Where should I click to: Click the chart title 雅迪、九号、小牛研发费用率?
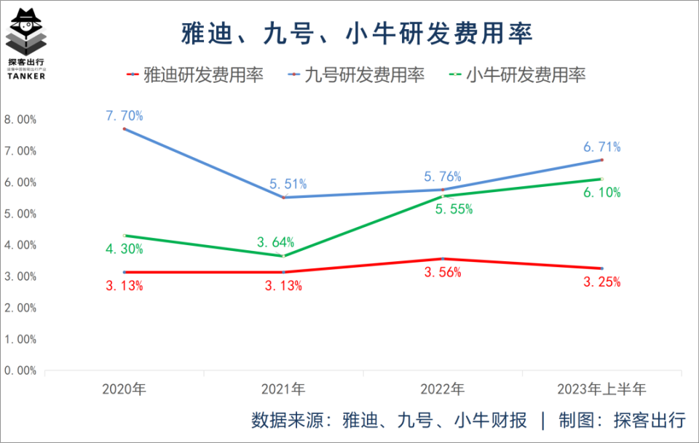[357, 33]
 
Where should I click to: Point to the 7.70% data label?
[125, 115]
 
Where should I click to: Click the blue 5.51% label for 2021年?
[288, 184]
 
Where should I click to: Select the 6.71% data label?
[602, 147]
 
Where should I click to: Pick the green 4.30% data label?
[124, 249]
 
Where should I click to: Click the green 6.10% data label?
[602, 192]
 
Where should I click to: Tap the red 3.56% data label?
[443, 272]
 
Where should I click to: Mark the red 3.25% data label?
[602, 282]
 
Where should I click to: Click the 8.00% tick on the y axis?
[20, 119]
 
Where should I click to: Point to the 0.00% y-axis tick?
[20, 370]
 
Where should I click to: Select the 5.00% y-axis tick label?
[20, 213]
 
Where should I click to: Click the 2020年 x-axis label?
[125, 388]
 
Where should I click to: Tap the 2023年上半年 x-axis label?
[602, 388]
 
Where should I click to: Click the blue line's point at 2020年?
[125, 129]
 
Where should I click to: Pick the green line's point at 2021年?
[284, 255]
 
